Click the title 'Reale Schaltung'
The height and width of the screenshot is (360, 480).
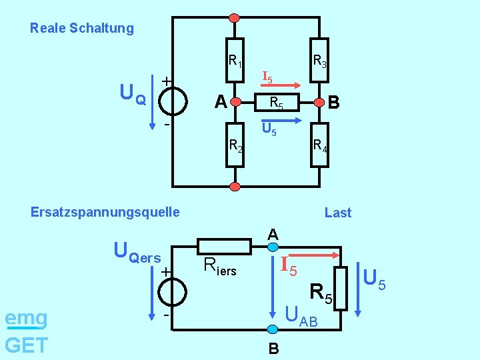82,29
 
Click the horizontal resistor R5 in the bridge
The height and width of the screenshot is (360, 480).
276,102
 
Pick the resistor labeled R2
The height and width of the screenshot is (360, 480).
234,143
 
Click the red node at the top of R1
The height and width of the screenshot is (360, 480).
234,17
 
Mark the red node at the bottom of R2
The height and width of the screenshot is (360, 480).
234,186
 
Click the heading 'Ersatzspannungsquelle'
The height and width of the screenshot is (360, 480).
105,213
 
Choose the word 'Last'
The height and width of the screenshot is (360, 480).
337,213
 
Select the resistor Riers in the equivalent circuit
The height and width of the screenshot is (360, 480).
224,246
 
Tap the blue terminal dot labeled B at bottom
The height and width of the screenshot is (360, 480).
272,329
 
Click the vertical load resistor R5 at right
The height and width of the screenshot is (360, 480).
341,288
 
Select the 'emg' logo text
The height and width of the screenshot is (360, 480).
26,319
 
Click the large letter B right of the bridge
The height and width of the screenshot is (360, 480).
334,103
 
